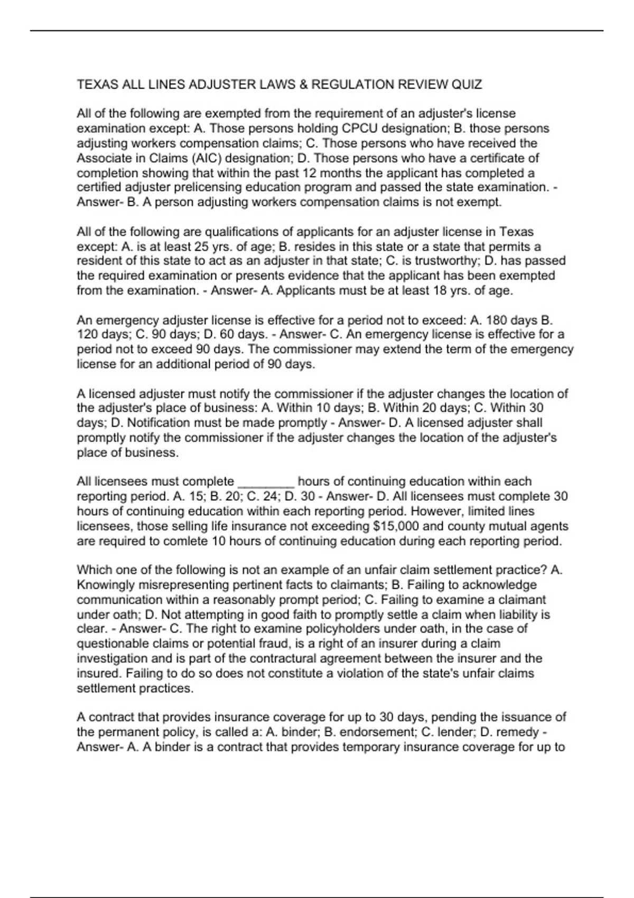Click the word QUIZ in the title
(x=467, y=85)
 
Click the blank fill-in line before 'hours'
(x=266, y=482)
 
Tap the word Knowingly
(x=104, y=585)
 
